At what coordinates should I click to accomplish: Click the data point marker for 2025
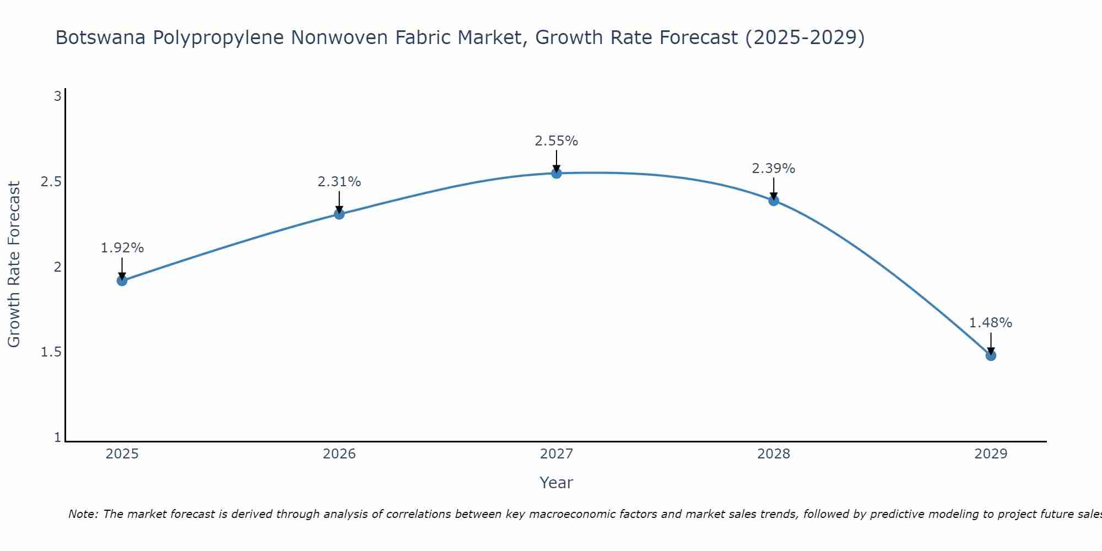[x=122, y=280]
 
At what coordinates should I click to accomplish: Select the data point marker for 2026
[x=339, y=214]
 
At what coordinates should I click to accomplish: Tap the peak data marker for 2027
[x=557, y=173]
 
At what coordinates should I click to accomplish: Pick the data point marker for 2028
[x=774, y=201]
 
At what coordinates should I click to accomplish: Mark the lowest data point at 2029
[x=991, y=355]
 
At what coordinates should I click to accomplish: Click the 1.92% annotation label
[x=122, y=248]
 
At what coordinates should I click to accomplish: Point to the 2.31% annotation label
[x=339, y=182]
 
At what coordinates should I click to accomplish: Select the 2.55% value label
[x=557, y=141]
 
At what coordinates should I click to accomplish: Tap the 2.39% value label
[x=774, y=169]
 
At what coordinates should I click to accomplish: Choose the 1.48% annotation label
[x=991, y=323]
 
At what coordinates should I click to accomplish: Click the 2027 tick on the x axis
[x=557, y=454]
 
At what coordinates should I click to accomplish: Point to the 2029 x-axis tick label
[x=991, y=454]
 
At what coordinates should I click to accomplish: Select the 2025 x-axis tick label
[x=122, y=454]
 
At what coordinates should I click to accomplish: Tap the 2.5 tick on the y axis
[x=51, y=182]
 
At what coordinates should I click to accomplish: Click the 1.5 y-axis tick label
[x=51, y=352]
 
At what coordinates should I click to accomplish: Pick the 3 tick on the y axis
[x=57, y=96]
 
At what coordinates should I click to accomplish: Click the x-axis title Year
[x=557, y=483]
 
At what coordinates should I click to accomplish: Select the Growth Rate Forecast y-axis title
[x=14, y=264]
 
